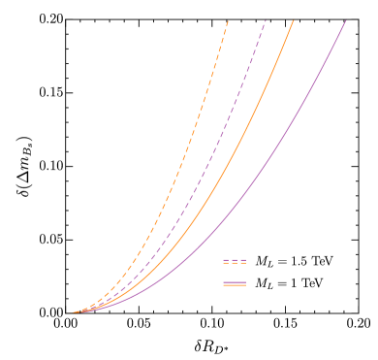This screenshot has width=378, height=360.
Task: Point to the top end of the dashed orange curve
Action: click(x=228, y=20)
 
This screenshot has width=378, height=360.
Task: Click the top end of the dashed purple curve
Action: click(x=266, y=20)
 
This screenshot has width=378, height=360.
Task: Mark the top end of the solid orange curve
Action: click(x=294, y=20)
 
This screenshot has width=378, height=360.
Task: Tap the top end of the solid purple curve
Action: click(x=346, y=20)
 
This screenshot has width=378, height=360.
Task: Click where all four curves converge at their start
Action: click(x=72, y=312)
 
